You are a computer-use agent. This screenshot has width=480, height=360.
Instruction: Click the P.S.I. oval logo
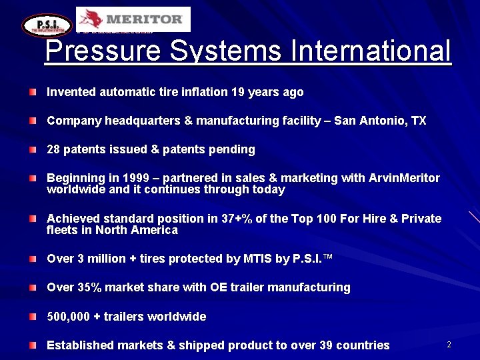tap(47, 25)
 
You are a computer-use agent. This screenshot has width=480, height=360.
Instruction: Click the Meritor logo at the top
tap(133, 19)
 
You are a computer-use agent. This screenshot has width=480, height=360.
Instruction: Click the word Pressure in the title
tap(104, 51)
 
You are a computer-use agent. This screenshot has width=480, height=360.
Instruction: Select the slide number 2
tap(449, 345)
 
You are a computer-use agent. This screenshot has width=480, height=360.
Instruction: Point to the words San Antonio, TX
tap(380, 121)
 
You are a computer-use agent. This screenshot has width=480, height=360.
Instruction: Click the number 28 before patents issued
tap(53, 149)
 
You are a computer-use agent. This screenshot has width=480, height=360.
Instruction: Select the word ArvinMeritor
tap(405, 178)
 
